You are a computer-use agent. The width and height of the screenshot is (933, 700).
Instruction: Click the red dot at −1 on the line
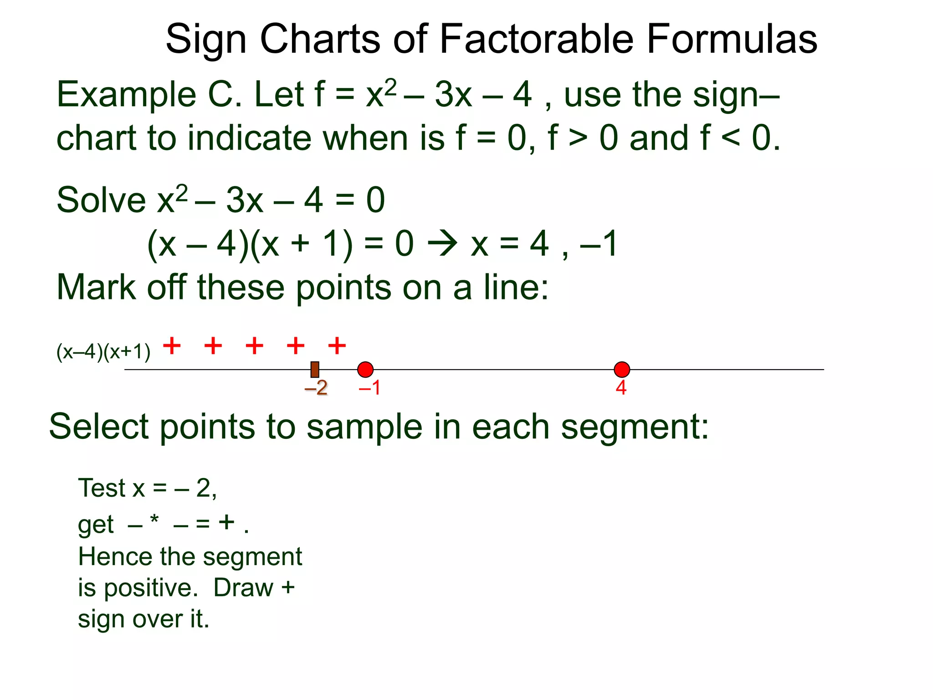click(365, 370)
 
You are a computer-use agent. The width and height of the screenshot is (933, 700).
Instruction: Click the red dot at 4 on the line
click(622, 370)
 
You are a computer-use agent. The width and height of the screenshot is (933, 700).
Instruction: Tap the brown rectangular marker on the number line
click(315, 369)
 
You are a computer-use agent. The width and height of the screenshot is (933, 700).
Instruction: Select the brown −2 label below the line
click(316, 388)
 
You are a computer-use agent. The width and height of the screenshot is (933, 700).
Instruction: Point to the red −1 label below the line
click(369, 388)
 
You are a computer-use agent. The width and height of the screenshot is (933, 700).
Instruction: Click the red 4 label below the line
click(621, 388)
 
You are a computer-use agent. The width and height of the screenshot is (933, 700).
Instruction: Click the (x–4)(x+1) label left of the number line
click(103, 352)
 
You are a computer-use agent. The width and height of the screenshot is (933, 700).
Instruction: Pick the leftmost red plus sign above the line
click(172, 346)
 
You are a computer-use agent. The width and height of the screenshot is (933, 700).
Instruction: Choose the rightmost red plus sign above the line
click(337, 346)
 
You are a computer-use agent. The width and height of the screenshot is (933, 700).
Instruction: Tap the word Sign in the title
click(206, 40)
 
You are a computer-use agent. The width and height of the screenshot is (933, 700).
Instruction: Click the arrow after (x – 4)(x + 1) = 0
click(442, 244)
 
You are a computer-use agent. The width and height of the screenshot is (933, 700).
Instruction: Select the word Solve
click(101, 200)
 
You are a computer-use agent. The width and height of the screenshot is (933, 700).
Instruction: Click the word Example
click(127, 95)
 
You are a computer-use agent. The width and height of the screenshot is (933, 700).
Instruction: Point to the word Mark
click(96, 288)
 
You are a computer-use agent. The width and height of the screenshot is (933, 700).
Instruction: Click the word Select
click(99, 427)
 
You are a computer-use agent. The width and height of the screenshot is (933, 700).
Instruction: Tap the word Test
click(102, 488)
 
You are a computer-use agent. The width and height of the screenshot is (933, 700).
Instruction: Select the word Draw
click(243, 588)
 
